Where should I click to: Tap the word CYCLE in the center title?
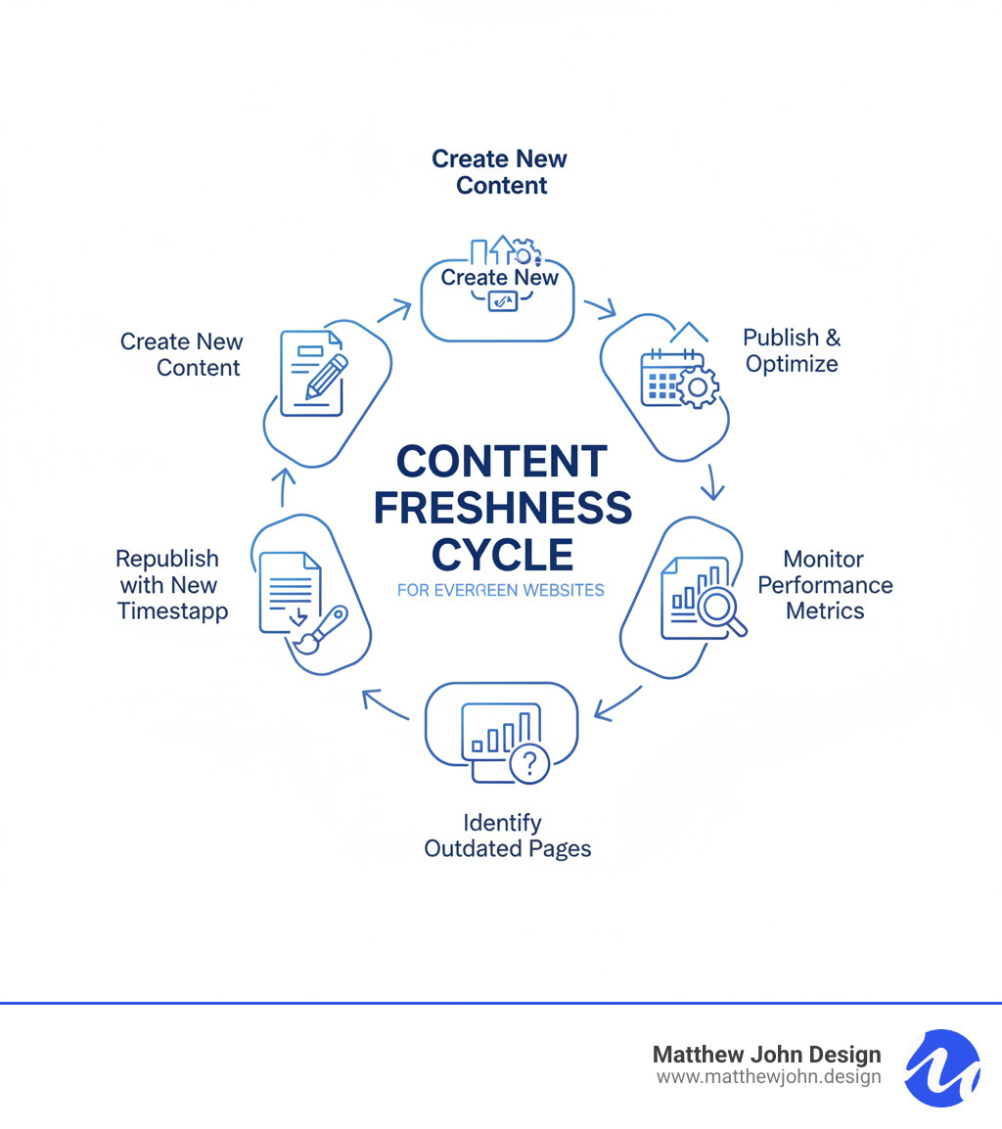[x=502, y=555]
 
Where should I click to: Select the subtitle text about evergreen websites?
[x=501, y=590]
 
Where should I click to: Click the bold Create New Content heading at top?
[x=500, y=172]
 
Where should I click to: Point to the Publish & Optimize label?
[x=792, y=350]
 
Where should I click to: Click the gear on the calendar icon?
[x=697, y=388]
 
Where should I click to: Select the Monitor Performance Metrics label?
[x=825, y=585]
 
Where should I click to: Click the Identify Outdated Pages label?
[x=508, y=835]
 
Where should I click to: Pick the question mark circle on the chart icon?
[x=530, y=762]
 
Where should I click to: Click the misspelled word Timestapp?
[x=173, y=611]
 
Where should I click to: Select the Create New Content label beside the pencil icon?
[x=181, y=354]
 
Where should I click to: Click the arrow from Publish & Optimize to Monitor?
[x=713, y=481]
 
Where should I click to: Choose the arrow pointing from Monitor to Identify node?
[x=616, y=704]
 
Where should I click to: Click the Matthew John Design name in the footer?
[x=766, y=1055]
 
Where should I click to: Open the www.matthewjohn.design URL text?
[x=768, y=1077]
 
